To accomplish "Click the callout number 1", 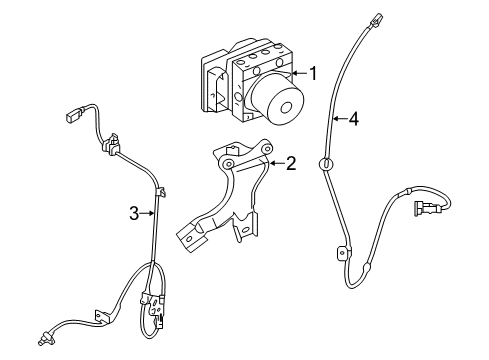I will coord(313,73).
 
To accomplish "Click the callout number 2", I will coord(290,162).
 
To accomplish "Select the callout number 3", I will coord(133,212).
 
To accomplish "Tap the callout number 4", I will coord(352,119).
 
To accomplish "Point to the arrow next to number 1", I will coord(298,73).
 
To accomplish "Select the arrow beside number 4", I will coord(337,119).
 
